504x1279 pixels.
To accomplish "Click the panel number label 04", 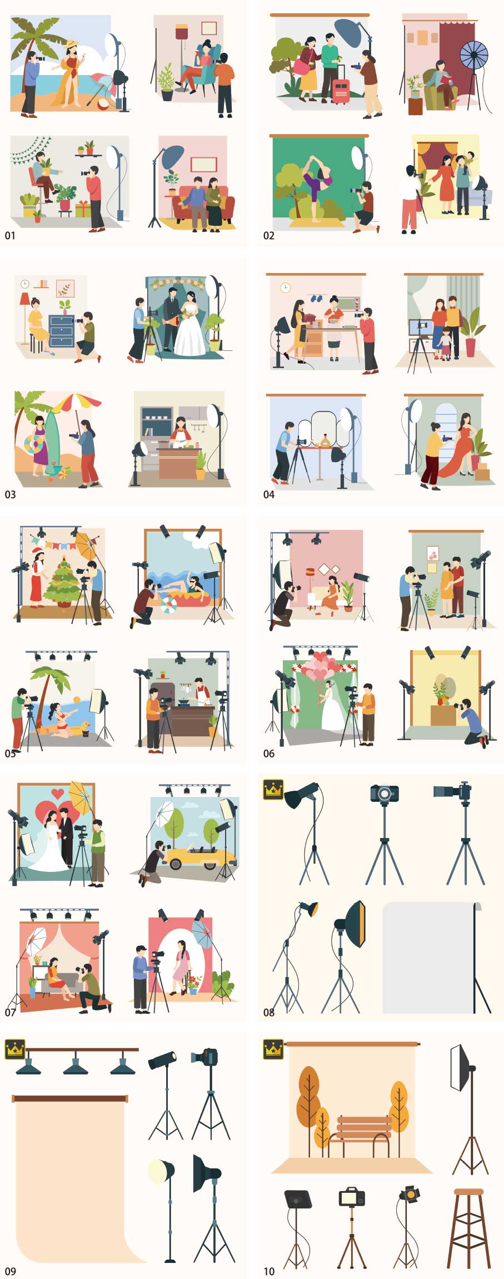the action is click(269, 494).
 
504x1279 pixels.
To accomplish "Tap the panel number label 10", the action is click(269, 1271).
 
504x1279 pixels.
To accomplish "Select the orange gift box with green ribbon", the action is click(83, 210).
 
